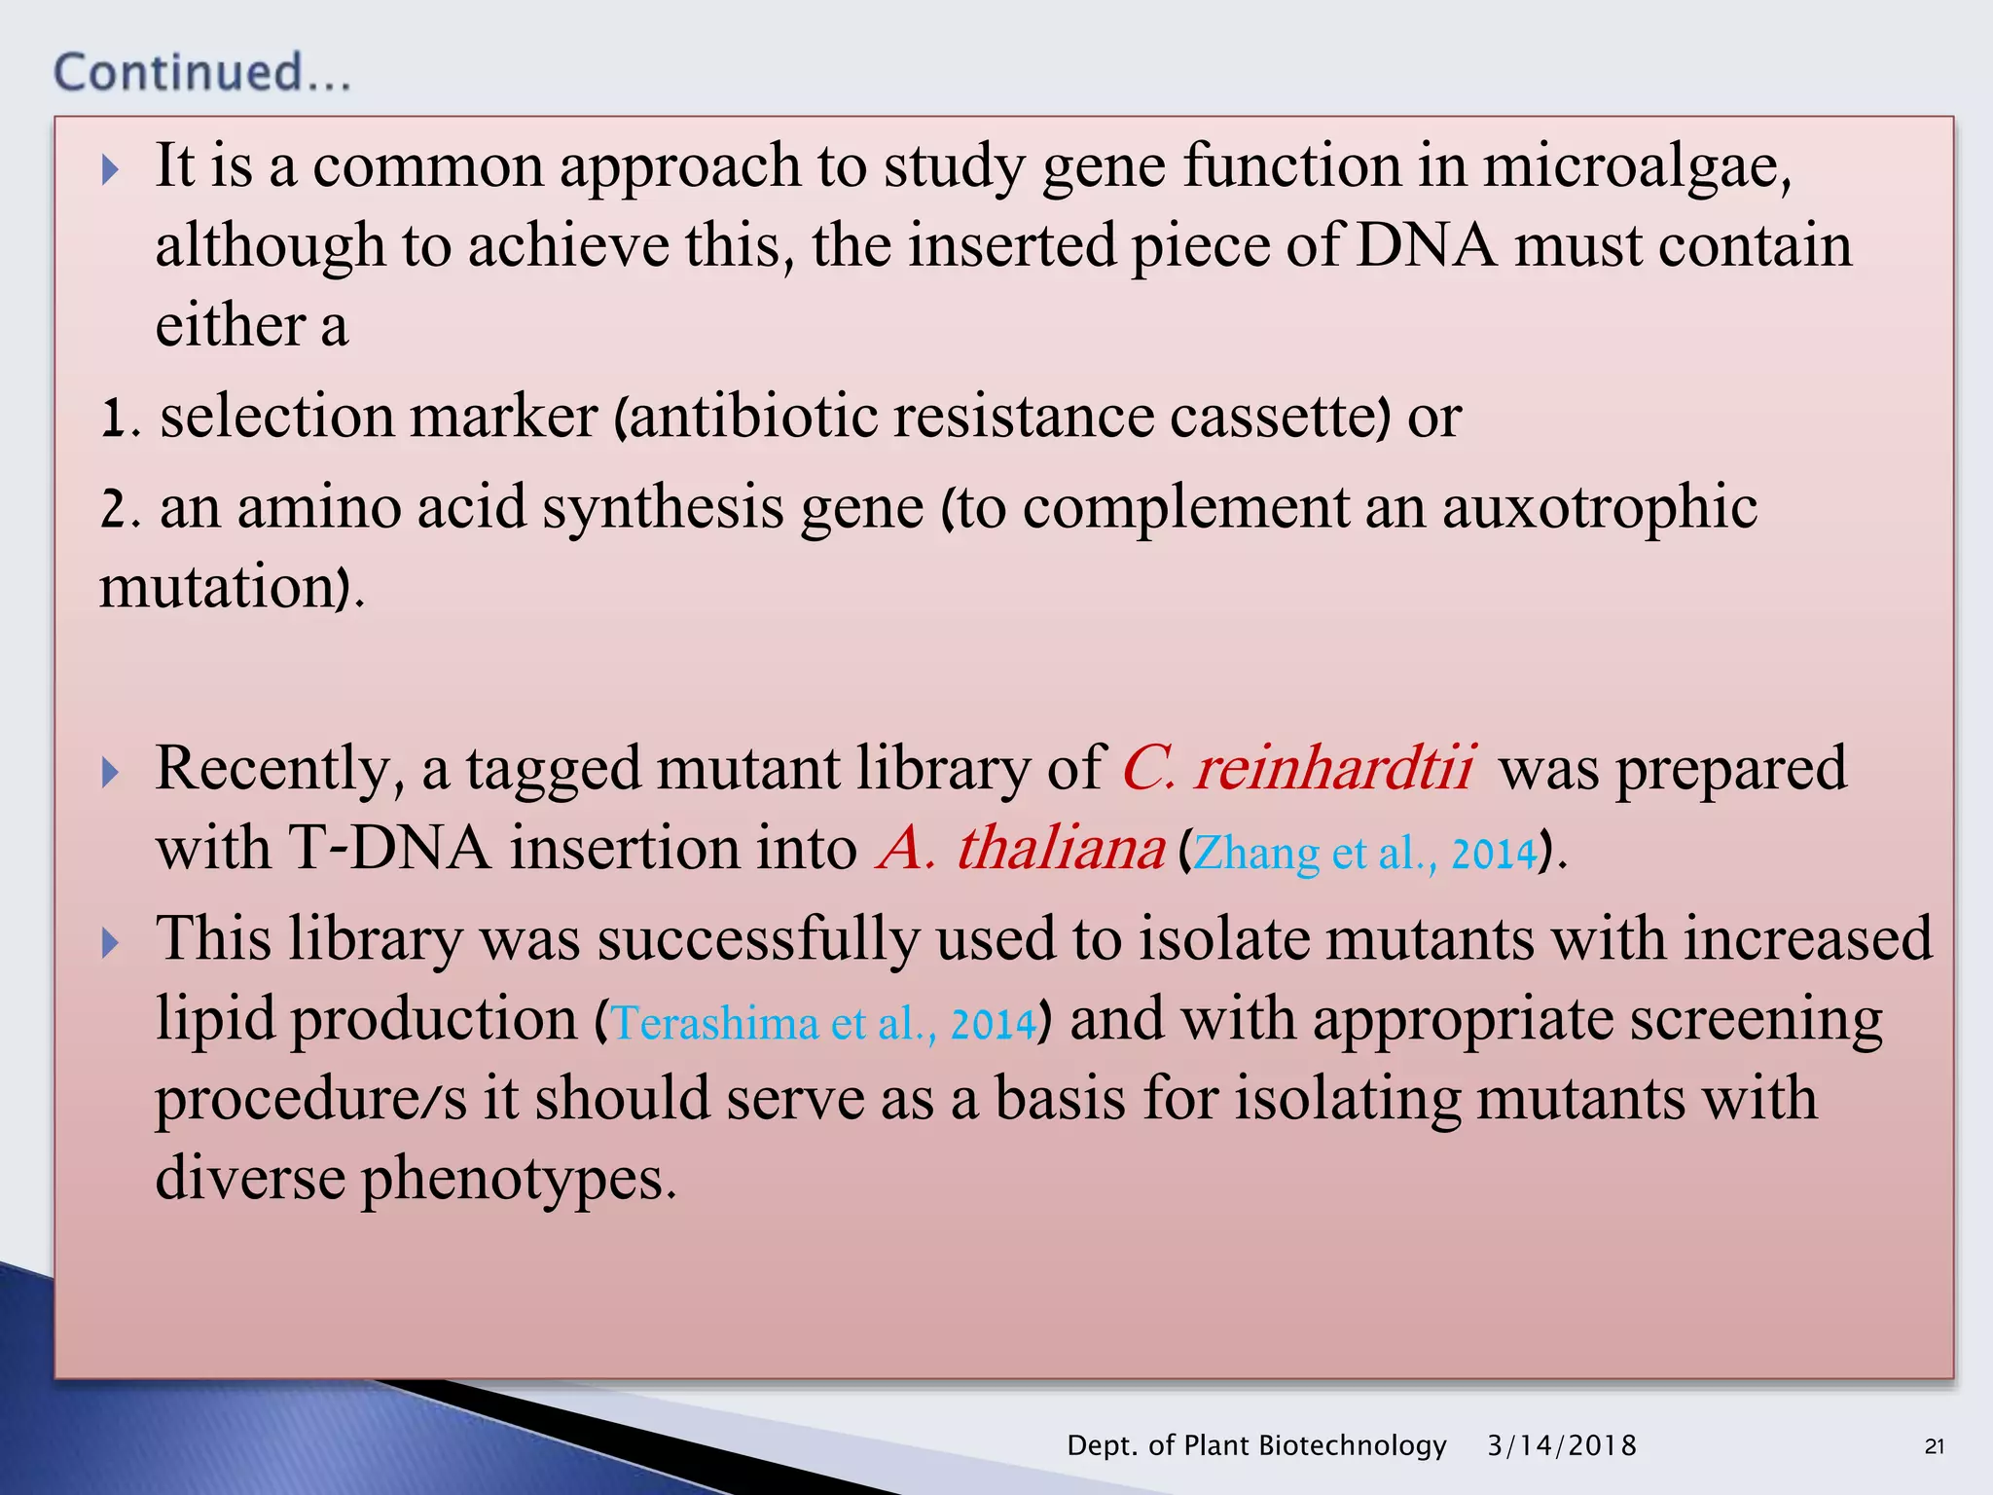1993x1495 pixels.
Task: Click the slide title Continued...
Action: point(201,73)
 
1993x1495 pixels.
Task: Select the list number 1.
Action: point(115,419)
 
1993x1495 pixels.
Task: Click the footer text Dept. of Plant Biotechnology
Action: point(1256,1445)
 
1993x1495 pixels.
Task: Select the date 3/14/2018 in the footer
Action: point(1561,1445)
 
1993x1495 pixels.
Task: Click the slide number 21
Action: point(1934,1446)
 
